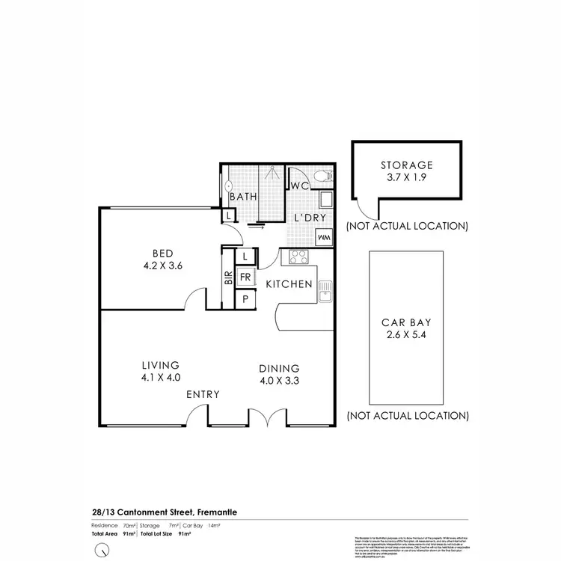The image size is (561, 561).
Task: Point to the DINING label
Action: pyautogui.click(x=279, y=368)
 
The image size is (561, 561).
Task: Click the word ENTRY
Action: pyautogui.click(x=203, y=394)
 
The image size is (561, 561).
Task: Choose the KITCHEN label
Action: pyautogui.click(x=289, y=284)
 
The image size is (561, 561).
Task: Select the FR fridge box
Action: pyautogui.click(x=245, y=278)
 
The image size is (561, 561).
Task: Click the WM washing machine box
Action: pyautogui.click(x=325, y=238)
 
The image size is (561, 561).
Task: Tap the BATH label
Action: pyautogui.click(x=244, y=197)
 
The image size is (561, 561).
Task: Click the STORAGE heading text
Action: pyautogui.click(x=406, y=165)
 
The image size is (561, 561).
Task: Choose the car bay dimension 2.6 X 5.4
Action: pyautogui.click(x=406, y=336)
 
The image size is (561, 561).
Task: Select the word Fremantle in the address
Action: pyautogui.click(x=221, y=511)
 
